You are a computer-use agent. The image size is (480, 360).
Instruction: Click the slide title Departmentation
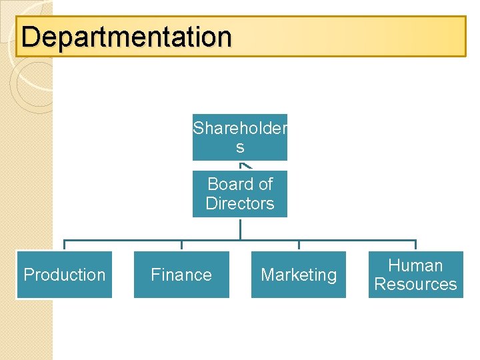pyautogui.click(x=127, y=37)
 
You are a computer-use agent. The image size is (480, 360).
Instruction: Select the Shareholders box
pyautogui.click(x=240, y=137)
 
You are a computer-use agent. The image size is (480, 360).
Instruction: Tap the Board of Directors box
pyautogui.click(x=240, y=193)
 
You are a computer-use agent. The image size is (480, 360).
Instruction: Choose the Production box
pyautogui.click(x=65, y=275)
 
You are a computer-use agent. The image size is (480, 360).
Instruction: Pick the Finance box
pyautogui.click(x=181, y=275)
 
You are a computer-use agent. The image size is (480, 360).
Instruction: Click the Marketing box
pyautogui.click(x=299, y=275)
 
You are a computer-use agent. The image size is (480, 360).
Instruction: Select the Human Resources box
pyautogui.click(x=415, y=275)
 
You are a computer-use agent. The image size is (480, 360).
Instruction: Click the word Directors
pyautogui.click(x=240, y=203)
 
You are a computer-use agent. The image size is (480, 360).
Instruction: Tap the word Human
pyautogui.click(x=415, y=265)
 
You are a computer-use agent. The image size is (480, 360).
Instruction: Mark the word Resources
pyautogui.click(x=415, y=284)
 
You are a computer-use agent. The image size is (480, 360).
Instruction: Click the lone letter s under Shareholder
pyautogui.click(x=240, y=147)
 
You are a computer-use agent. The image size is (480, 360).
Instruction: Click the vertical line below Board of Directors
pyautogui.click(x=240, y=229)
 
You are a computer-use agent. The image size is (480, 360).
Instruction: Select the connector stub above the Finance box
pyautogui.click(x=181, y=245)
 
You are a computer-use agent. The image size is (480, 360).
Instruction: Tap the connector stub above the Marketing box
pyautogui.click(x=299, y=245)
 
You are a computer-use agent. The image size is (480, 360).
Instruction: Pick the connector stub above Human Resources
pyautogui.click(x=415, y=245)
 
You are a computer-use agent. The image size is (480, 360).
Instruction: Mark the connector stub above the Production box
pyautogui.click(x=65, y=245)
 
